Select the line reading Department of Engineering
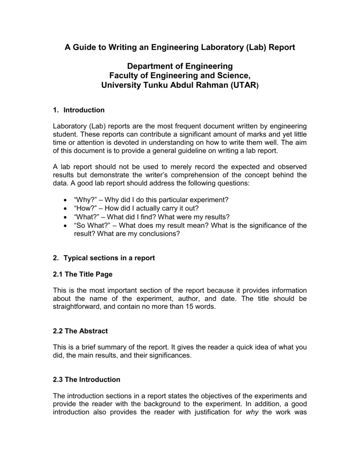[x=180, y=66]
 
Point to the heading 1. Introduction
[x=79, y=110]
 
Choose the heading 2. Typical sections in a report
[x=104, y=258]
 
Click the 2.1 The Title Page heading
[x=82, y=274]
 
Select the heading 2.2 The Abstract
[x=80, y=331]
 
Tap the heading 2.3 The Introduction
[x=86, y=379]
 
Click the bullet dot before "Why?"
[x=63, y=201]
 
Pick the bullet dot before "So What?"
[x=63, y=226]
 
